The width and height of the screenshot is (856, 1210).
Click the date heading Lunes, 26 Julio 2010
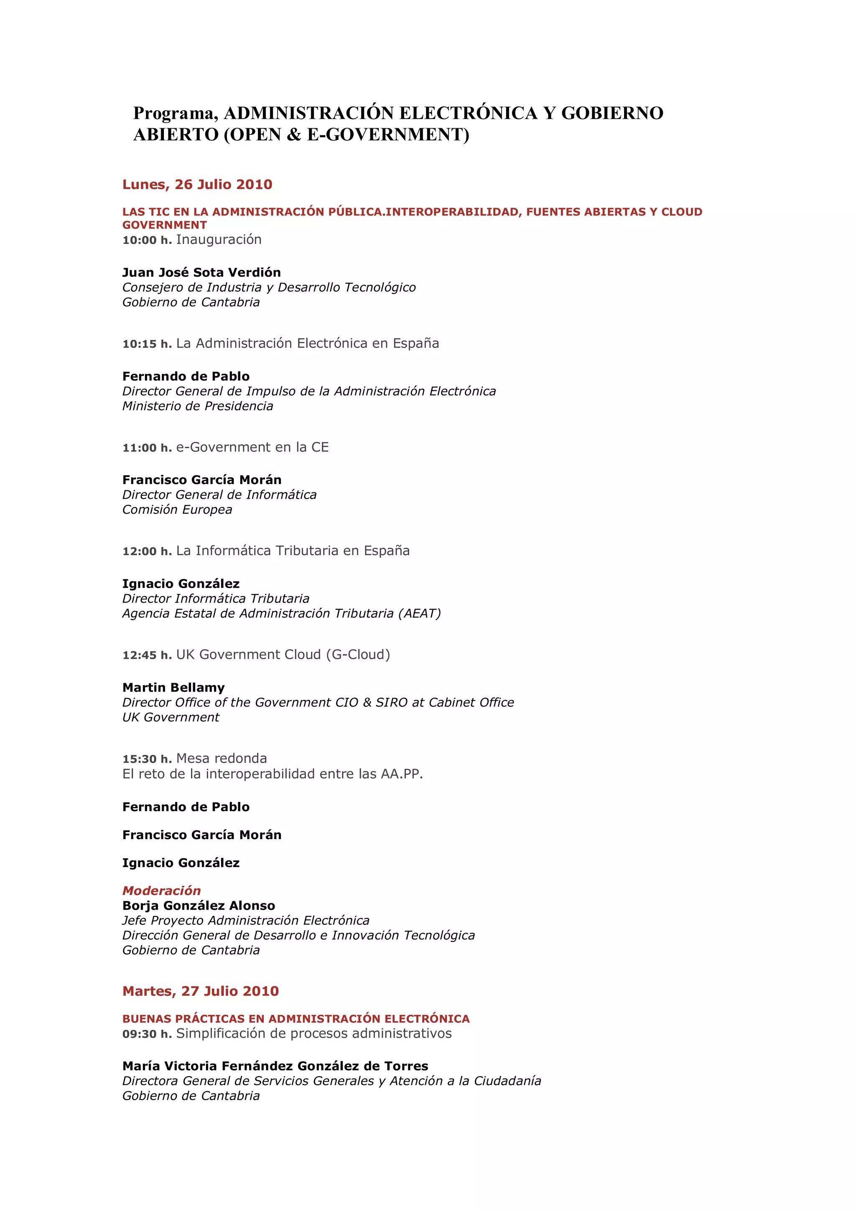click(197, 185)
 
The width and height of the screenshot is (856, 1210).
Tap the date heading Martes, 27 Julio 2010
click(201, 991)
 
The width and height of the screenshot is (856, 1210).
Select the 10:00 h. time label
click(147, 240)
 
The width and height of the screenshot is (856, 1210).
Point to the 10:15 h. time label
click(147, 344)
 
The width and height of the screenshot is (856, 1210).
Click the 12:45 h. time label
click(147, 655)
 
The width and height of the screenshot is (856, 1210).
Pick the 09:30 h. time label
click(147, 1034)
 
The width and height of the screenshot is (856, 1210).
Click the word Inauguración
click(219, 240)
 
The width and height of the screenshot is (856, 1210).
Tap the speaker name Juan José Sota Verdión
click(201, 272)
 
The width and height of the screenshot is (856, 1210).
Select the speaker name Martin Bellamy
click(173, 687)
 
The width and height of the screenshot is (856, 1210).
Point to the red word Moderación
click(161, 890)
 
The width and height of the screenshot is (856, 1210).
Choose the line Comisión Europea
click(177, 510)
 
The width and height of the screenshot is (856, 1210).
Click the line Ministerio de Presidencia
click(198, 406)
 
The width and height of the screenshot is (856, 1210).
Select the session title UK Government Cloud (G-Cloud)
click(283, 654)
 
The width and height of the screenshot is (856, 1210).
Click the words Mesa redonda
click(222, 758)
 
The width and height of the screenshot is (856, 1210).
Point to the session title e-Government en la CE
click(252, 447)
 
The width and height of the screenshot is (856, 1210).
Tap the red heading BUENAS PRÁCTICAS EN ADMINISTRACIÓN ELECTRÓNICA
click(296, 1019)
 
